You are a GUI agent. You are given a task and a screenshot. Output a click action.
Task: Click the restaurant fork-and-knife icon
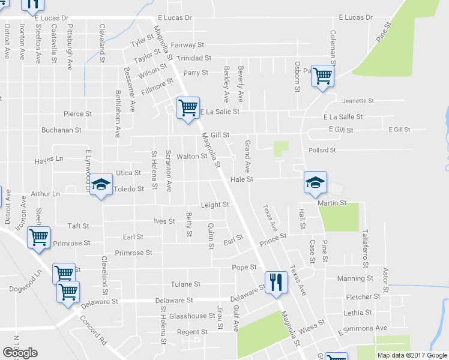[x=276, y=281]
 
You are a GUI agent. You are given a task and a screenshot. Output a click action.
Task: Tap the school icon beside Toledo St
[x=101, y=184]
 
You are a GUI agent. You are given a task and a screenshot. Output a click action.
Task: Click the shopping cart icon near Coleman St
[x=322, y=76]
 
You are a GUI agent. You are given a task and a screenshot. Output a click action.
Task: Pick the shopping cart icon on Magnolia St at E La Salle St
[x=188, y=109]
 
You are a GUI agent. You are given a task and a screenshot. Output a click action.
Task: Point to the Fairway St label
[x=187, y=45]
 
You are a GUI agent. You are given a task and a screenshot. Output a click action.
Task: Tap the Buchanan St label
[x=61, y=130]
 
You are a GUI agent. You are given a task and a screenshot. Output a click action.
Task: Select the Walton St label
[x=196, y=157]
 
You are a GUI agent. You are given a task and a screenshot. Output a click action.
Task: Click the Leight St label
[x=215, y=205]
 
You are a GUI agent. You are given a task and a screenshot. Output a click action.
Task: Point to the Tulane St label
[x=185, y=284]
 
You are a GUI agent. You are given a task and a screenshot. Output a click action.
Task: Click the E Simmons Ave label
[x=363, y=329]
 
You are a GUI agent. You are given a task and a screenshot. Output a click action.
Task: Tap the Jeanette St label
[x=358, y=101]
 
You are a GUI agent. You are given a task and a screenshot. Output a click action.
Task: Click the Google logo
[x=20, y=353]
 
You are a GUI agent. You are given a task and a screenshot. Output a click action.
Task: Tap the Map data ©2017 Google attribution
[x=412, y=355]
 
